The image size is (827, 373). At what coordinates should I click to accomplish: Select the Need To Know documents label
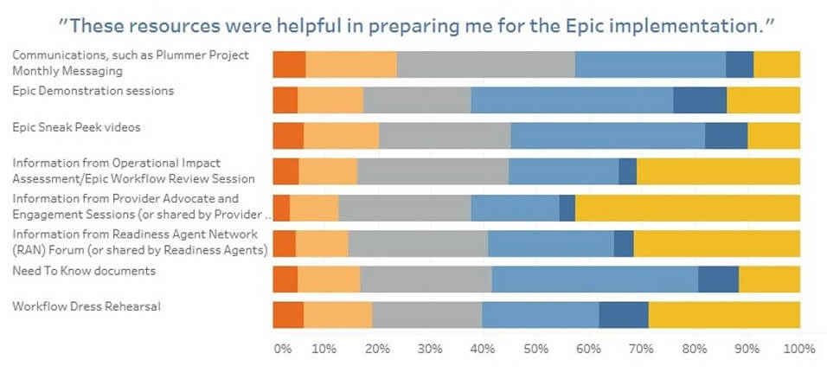pyautogui.click(x=83, y=271)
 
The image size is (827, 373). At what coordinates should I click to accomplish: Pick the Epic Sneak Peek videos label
pyautogui.click(x=76, y=127)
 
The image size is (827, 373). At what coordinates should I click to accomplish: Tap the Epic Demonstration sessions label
pyautogui.click(x=93, y=90)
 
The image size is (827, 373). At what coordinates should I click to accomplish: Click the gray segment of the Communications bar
pyautogui.click(x=485, y=65)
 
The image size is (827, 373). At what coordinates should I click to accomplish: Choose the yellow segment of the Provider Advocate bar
pyautogui.click(x=687, y=209)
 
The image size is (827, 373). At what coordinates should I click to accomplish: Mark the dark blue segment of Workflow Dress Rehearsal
pyautogui.click(x=623, y=316)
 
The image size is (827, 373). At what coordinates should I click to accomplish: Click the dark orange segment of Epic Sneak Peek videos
pyautogui.click(x=288, y=137)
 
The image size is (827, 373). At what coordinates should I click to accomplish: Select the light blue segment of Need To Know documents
pyautogui.click(x=594, y=280)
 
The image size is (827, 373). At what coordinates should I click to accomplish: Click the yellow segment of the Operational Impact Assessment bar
pyautogui.click(x=718, y=172)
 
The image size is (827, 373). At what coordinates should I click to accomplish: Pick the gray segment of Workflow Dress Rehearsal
pyautogui.click(x=426, y=316)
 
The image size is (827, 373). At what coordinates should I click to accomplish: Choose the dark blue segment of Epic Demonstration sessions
pyautogui.click(x=699, y=100)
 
